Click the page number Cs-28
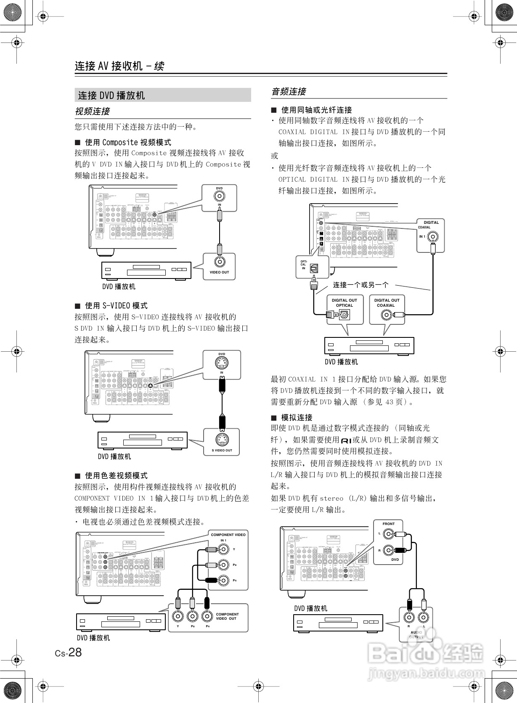tap(69, 653)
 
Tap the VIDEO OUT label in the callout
tap(219, 272)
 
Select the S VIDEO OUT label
tap(222, 450)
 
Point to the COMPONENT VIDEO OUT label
tap(227, 616)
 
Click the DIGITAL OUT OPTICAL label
tap(344, 303)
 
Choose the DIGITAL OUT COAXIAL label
tap(386, 303)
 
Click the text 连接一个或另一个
tap(361, 285)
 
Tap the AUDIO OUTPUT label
tap(416, 635)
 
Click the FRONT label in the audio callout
tap(388, 524)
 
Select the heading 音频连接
tap(289, 92)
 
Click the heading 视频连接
tap(92, 111)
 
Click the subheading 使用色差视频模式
tap(116, 475)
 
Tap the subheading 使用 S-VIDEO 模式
tap(116, 305)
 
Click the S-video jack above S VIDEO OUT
tap(222, 440)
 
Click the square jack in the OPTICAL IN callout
tap(314, 267)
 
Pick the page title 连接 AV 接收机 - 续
tap(119, 66)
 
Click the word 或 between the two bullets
tap(275, 156)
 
